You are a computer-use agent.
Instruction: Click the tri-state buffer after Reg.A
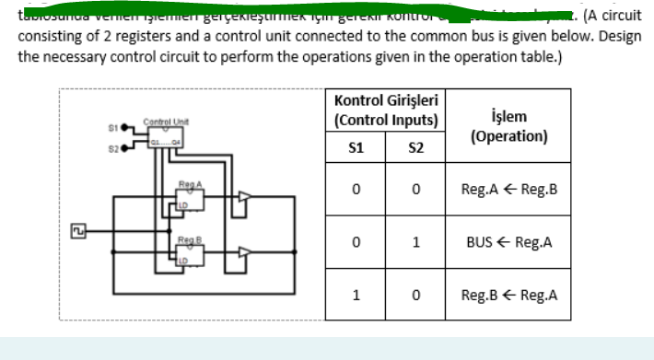(243, 195)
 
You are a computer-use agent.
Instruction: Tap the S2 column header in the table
(415, 148)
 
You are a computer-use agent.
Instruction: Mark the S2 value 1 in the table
(415, 244)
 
